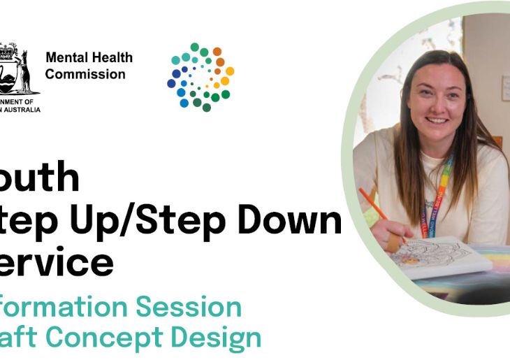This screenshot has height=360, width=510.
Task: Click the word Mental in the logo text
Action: [64, 58]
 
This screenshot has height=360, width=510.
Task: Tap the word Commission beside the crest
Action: [85, 74]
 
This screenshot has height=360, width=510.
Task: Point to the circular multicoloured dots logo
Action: [201, 77]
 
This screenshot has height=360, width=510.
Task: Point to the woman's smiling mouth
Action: [437, 120]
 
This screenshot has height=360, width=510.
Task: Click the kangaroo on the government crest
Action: [26, 70]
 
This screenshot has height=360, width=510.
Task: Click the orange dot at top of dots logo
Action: [217, 51]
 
